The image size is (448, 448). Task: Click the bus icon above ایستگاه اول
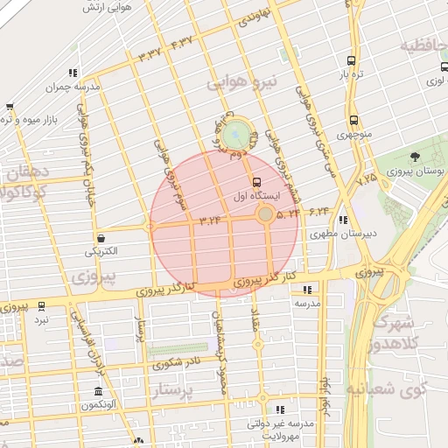[x=256, y=183]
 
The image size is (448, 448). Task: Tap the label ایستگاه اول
[x=249, y=198]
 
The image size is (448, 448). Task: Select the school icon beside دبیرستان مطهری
[x=343, y=220]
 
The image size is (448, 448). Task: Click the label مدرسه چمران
[x=77, y=87]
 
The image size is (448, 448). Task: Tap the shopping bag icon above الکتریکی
[x=102, y=237]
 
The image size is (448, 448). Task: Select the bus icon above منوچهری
[x=353, y=121]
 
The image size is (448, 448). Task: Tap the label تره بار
[x=351, y=75]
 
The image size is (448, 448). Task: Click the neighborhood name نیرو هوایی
[x=241, y=82]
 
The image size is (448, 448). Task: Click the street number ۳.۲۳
[x=210, y=220]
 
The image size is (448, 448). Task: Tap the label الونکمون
[x=99, y=405]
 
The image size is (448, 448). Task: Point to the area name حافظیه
[x=423, y=44]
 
